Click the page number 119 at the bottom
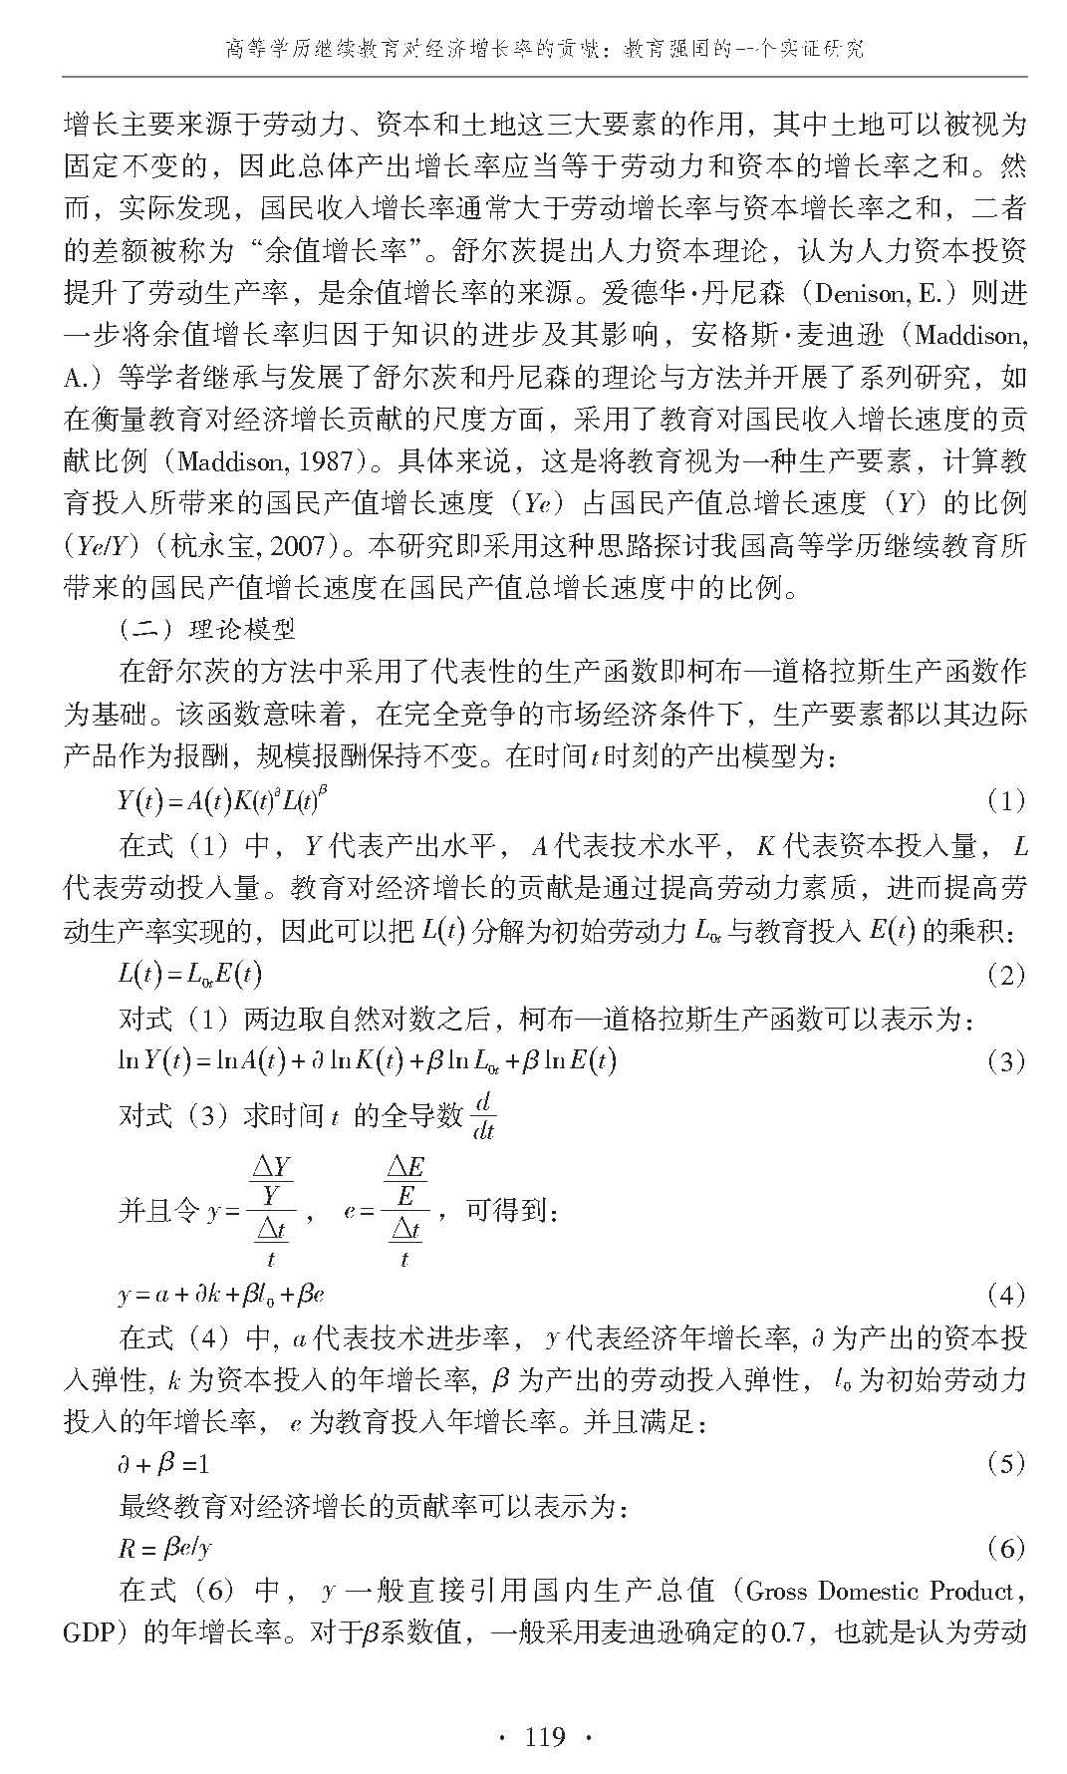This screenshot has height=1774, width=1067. click(x=544, y=1738)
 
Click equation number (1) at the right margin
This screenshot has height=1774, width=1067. click(x=1005, y=800)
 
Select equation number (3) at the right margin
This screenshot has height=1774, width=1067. click(x=1005, y=1061)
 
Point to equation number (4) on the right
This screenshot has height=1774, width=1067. click(x=1005, y=1296)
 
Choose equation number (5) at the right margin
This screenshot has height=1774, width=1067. click(x=1005, y=1464)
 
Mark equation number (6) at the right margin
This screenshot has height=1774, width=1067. click(x=1005, y=1548)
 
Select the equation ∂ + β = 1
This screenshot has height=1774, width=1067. click(x=163, y=1464)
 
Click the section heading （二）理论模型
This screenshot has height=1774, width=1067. click(x=206, y=630)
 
